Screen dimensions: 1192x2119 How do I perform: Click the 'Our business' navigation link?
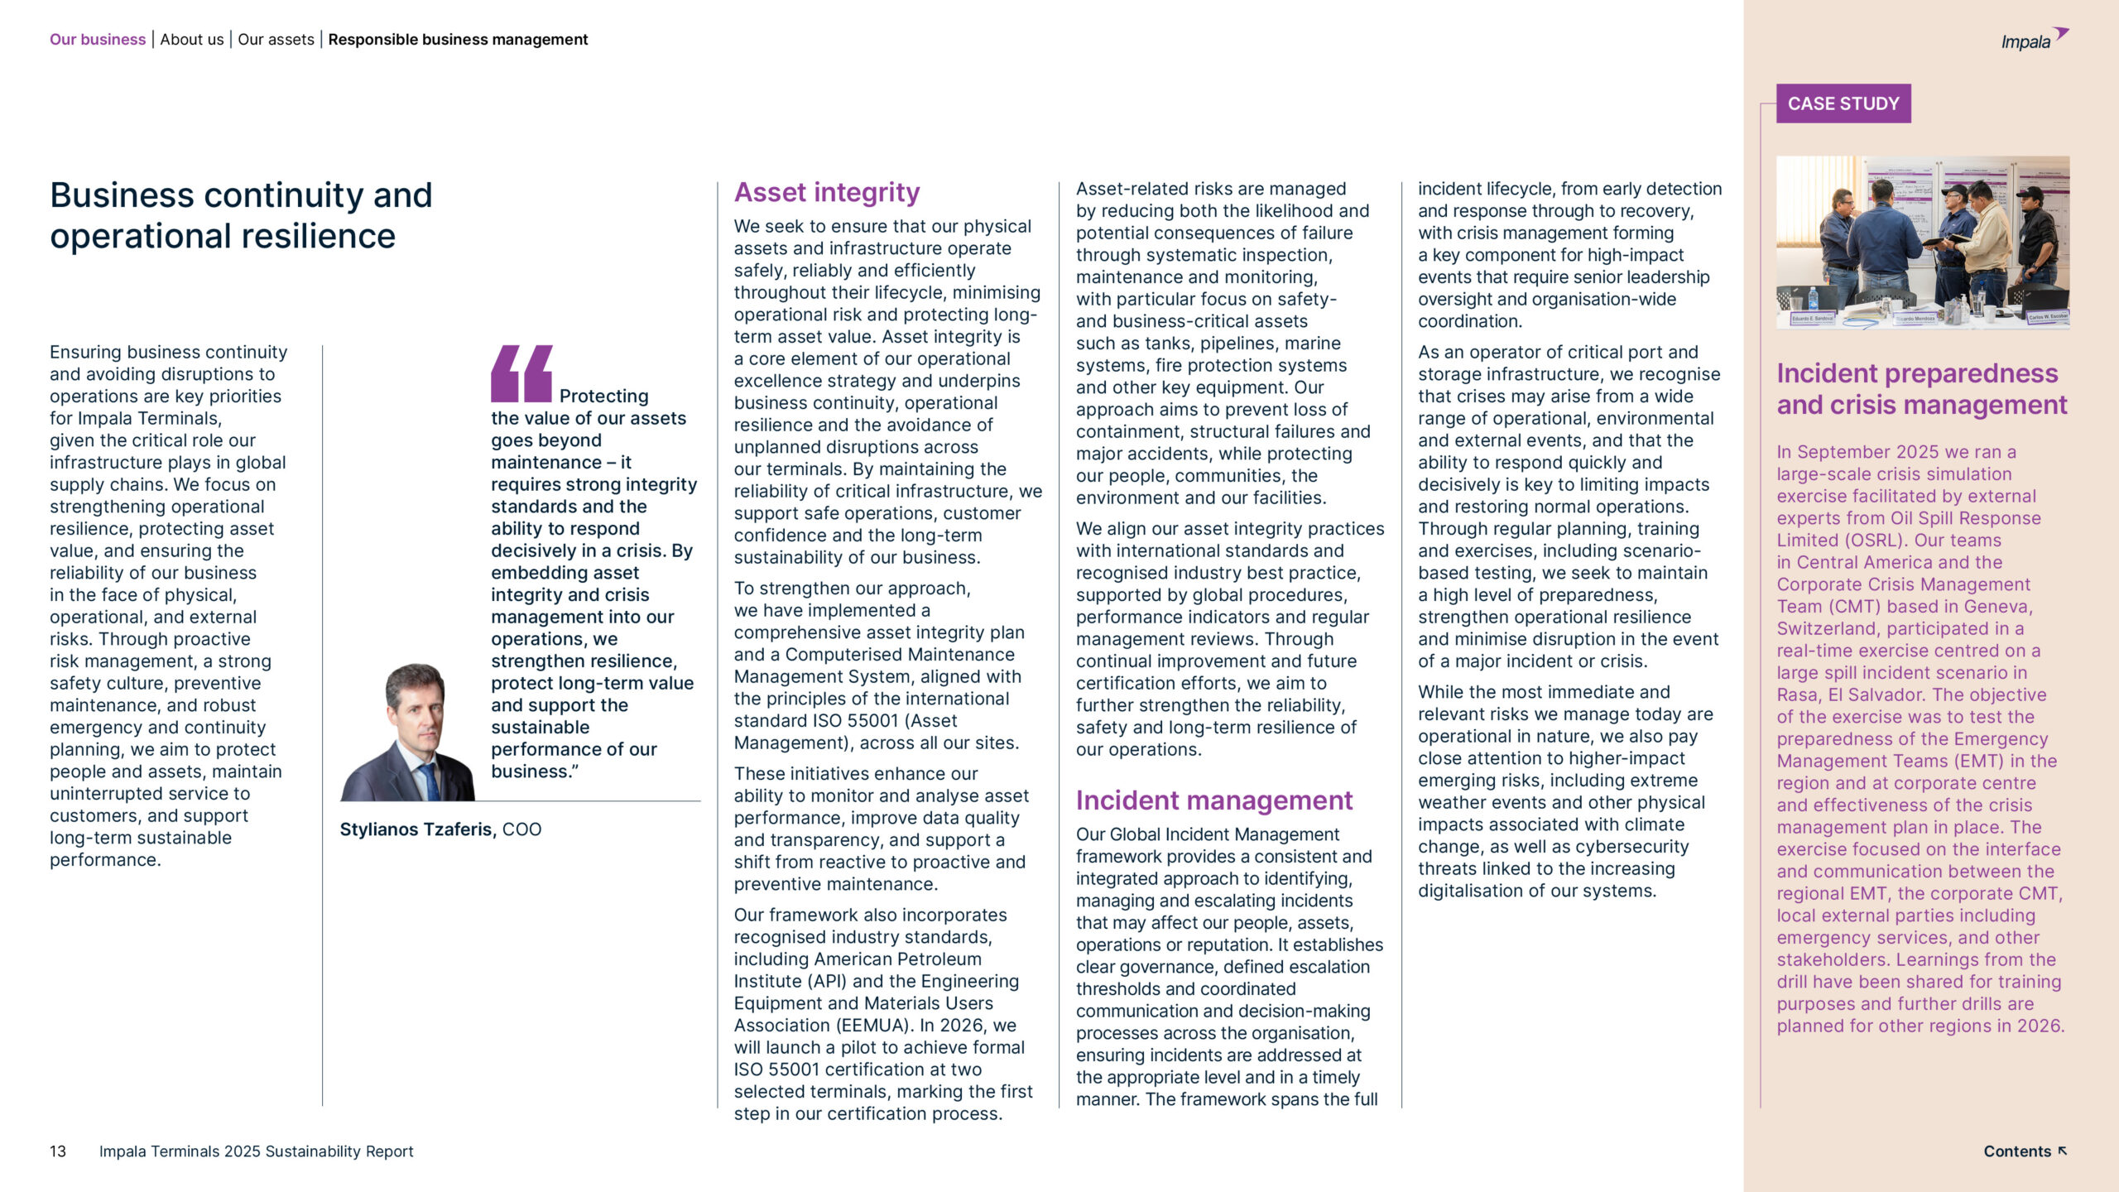click(98, 40)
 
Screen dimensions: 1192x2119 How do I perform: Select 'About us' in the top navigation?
click(192, 40)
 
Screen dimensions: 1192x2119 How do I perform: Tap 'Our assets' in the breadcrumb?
click(276, 40)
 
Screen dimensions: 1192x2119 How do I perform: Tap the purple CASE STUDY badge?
click(1843, 103)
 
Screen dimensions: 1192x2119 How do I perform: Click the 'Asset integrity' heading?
click(826, 193)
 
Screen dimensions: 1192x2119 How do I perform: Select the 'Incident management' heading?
click(1213, 800)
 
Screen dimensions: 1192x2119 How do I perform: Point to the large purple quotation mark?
click(521, 373)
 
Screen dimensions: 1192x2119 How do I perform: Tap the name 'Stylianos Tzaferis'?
click(416, 829)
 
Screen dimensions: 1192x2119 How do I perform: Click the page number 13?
click(58, 1151)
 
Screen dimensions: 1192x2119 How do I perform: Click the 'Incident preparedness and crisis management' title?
click(1921, 389)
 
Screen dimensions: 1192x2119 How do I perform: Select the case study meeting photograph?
click(1922, 243)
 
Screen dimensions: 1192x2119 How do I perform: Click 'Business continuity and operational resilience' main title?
click(241, 215)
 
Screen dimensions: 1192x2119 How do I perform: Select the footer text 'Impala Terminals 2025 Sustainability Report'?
click(256, 1151)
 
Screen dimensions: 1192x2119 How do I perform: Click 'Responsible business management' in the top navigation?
click(458, 40)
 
